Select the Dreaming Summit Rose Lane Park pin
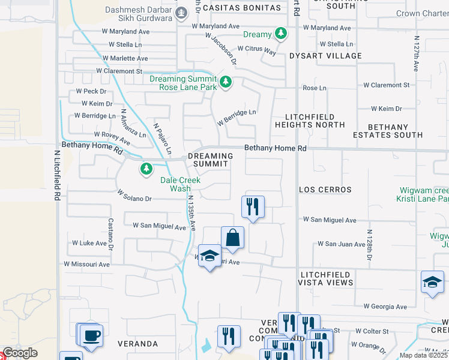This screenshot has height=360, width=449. click(226, 82)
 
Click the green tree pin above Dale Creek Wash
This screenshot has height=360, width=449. click(146, 169)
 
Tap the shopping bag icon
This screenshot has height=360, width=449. click(232, 237)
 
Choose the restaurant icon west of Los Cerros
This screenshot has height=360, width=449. click(253, 206)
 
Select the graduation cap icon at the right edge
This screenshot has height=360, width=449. click(432, 284)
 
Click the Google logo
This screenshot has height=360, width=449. click(19, 353)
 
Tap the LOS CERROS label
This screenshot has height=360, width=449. click(325, 190)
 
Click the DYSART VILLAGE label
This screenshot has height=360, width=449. click(325, 56)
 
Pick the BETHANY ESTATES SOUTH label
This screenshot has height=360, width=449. click(387, 131)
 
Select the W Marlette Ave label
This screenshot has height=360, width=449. click(125, 58)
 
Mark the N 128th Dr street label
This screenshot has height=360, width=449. click(369, 244)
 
